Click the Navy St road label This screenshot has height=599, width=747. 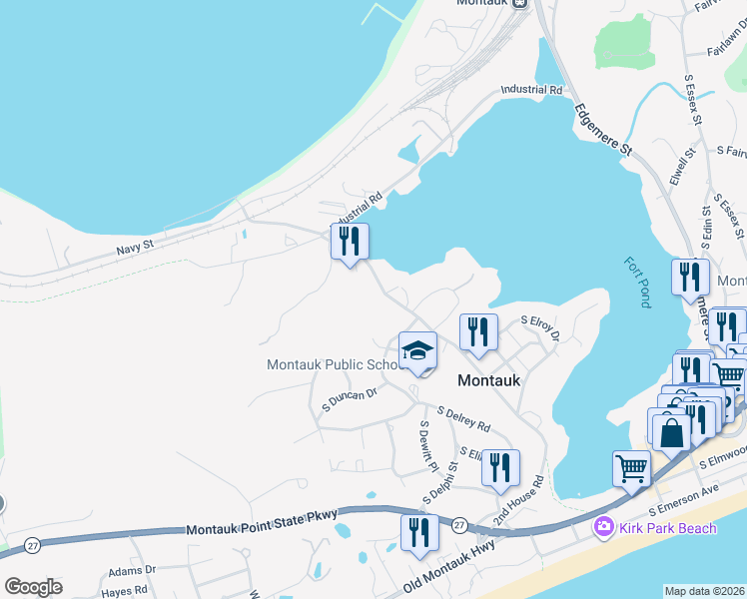click(x=134, y=244)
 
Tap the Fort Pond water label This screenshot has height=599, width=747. click(x=636, y=284)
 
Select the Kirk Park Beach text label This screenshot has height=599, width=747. click(x=668, y=527)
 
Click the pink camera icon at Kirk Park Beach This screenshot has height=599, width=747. click(x=603, y=526)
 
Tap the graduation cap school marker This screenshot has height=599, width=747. click(x=417, y=351)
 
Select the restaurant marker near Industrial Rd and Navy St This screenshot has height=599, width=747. click(x=350, y=242)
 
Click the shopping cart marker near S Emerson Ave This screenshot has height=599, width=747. click(x=632, y=468)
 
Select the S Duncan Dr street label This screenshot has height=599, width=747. click(x=349, y=400)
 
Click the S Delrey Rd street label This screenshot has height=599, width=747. click(x=464, y=418)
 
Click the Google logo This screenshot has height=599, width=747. click(x=33, y=587)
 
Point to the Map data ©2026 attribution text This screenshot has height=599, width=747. click(x=704, y=591)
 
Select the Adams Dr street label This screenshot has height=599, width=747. click(x=133, y=570)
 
